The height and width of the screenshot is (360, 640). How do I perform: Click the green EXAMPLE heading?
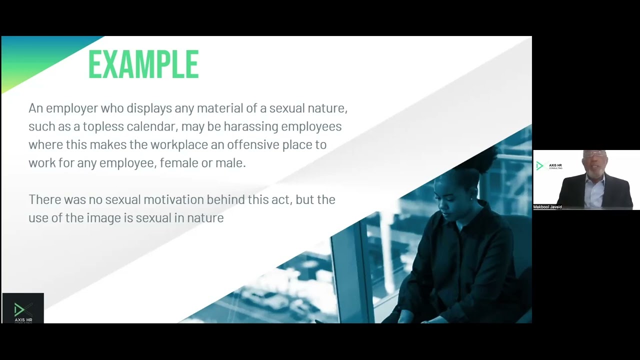(143, 64)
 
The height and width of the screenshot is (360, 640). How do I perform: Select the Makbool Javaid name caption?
(547, 207)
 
